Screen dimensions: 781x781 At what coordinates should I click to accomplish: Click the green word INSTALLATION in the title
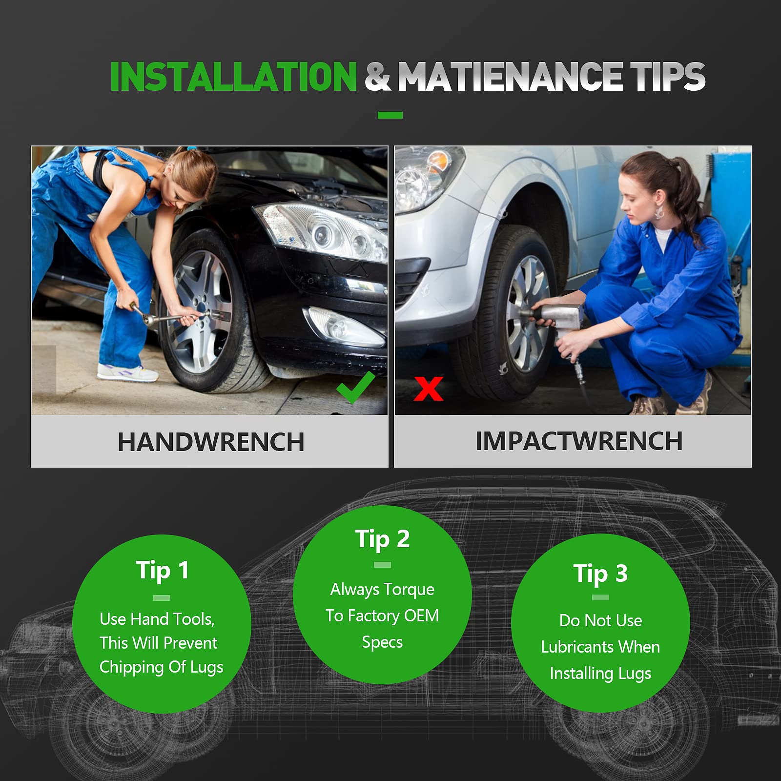[x=234, y=77]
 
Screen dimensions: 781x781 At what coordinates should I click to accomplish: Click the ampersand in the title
[x=377, y=77]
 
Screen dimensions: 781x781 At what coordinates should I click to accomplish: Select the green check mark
[x=356, y=387]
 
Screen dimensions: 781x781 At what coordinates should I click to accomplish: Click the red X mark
[x=428, y=389]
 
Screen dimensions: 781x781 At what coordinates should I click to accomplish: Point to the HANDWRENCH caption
[x=211, y=442]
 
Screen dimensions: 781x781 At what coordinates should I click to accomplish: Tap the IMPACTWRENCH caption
[x=579, y=441]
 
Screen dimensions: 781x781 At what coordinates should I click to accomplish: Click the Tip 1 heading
[x=162, y=571]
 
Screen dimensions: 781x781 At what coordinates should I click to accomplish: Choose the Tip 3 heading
[x=600, y=574]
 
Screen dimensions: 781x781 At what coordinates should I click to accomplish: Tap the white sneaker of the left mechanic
[x=127, y=373]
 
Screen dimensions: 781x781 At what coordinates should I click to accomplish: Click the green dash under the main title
[x=390, y=115]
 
